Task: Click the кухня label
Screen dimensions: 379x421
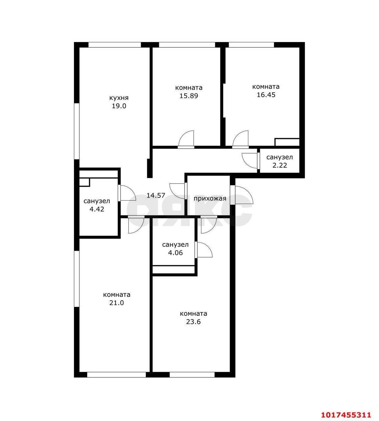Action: [119, 98]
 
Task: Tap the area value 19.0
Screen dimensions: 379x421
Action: [119, 106]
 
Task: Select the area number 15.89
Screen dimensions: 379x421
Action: [189, 96]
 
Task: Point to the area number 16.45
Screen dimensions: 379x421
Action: [266, 95]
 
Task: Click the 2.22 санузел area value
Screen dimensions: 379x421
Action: [279, 165]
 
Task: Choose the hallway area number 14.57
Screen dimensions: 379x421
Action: [156, 195]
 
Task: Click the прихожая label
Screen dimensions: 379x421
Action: [210, 199]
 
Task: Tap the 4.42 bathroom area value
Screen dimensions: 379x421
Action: [97, 209]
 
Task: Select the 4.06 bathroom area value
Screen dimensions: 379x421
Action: [175, 253]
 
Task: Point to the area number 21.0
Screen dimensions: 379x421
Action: [116, 303]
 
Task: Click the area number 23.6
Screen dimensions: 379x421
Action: [193, 322]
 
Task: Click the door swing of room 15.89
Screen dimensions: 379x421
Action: [186, 139]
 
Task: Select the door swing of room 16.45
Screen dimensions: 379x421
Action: [240, 139]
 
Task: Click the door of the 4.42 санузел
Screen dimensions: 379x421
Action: [127, 193]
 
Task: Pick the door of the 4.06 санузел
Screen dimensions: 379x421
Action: [203, 250]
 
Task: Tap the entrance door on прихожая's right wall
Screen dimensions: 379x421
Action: [241, 195]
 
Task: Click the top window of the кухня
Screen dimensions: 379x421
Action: [114, 45]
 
